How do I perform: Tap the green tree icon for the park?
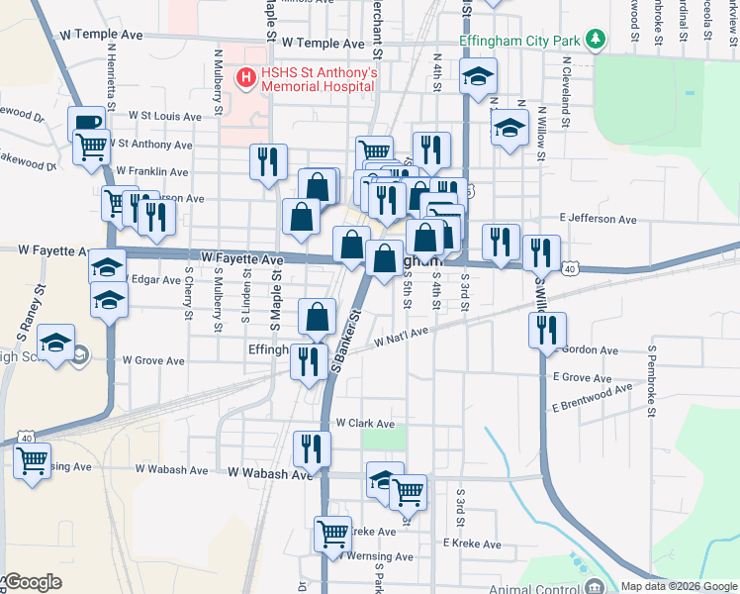(x=595, y=40)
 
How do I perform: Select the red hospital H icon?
(x=243, y=75)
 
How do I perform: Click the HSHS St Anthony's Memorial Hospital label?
(x=319, y=79)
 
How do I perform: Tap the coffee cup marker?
(x=86, y=124)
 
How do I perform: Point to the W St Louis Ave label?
(x=165, y=117)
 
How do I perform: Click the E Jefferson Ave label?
(x=597, y=218)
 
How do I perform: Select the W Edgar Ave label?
(x=151, y=279)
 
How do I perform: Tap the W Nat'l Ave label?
(x=401, y=339)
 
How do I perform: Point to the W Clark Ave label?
(x=365, y=423)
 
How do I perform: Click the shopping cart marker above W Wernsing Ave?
(x=333, y=534)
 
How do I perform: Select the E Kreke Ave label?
(x=474, y=543)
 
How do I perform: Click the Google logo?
(x=33, y=582)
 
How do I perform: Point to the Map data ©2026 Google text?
(x=678, y=586)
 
